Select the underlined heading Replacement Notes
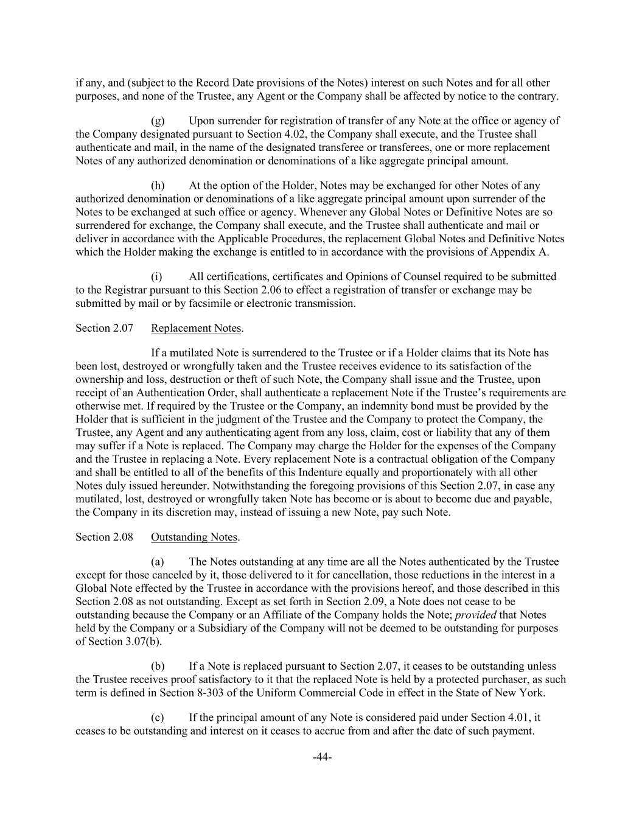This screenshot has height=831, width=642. (196, 328)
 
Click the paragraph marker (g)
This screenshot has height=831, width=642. (157, 121)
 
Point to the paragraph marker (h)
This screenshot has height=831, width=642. (157, 186)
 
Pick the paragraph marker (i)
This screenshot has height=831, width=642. (156, 276)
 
